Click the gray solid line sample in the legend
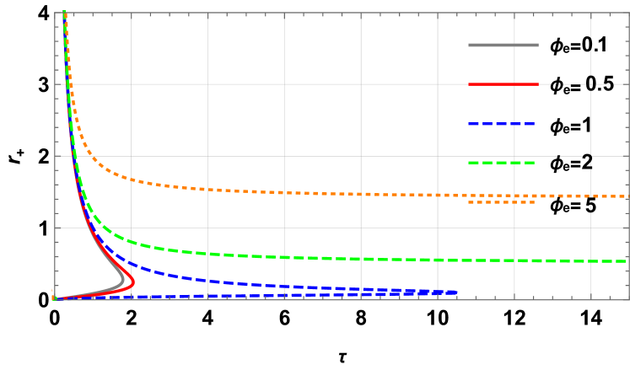pyautogui.click(x=503, y=45)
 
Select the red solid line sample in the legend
pyautogui.click(x=503, y=84)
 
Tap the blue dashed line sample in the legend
pyautogui.click(x=501, y=124)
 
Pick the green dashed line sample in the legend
pyautogui.click(x=501, y=162)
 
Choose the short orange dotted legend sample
pyautogui.click(x=501, y=202)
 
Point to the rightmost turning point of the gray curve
pyautogui.click(x=124, y=280)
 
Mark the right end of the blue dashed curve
pyautogui.click(x=457, y=292)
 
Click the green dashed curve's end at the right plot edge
pyautogui.click(x=626, y=261)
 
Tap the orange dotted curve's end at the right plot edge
pyautogui.click(x=626, y=196)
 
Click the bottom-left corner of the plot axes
pyautogui.click(x=55, y=299)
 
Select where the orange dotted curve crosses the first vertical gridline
pyautogui.click(x=131, y=179)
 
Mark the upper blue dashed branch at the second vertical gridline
pyautogui.click(x=207, y=281)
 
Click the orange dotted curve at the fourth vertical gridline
pyautogui.click(x=361, y=194)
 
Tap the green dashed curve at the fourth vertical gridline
pyautogui.click(x=361, y=259)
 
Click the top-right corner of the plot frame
pyautogui.click(x=628, y=13)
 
